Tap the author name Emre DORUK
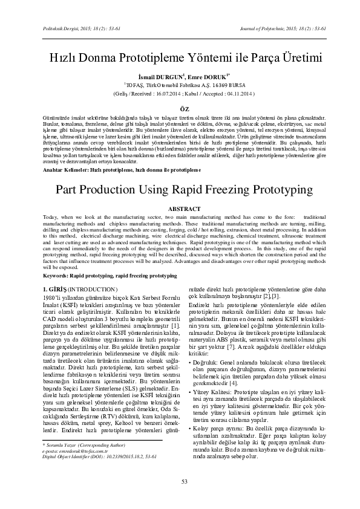click(x=209, y=78)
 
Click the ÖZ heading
click(x=180, y=106)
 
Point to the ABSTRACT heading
click(x=180, y=207)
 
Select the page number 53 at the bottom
click(x=180, y=481)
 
